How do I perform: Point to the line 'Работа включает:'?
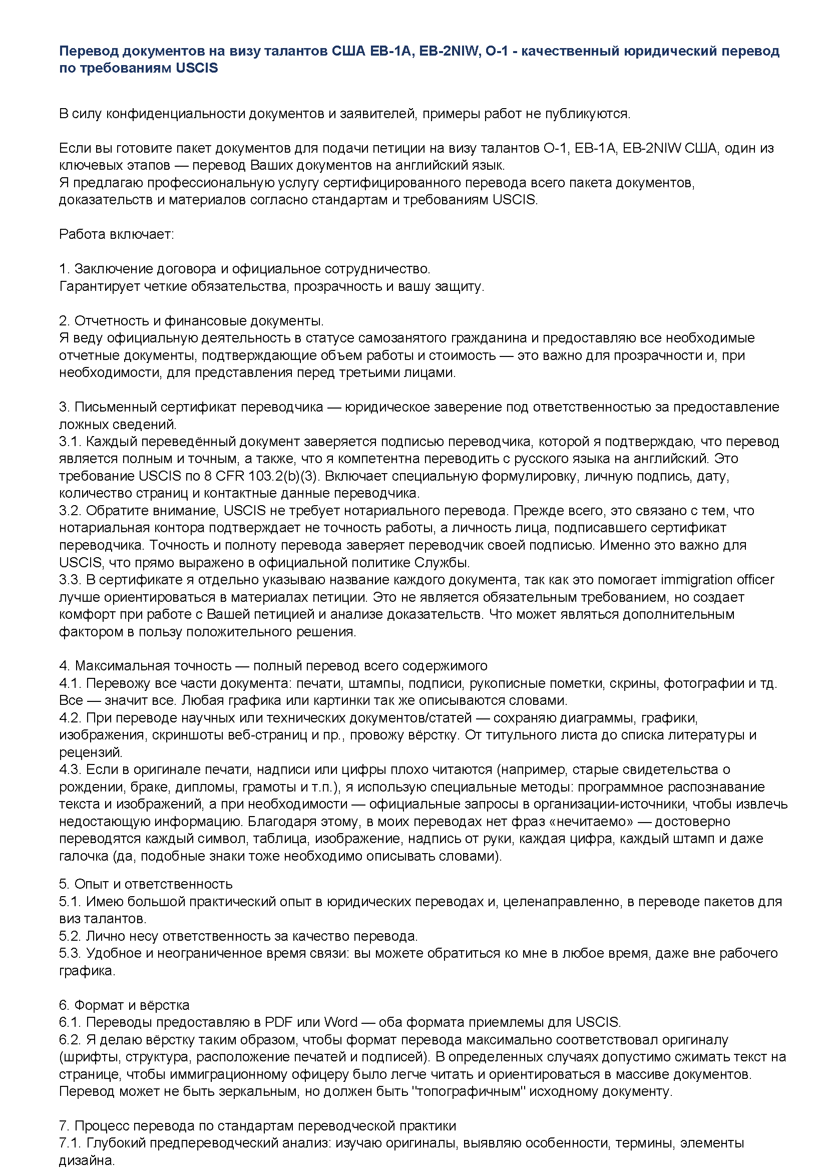click(117, 234)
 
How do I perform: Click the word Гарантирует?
click(98, 286)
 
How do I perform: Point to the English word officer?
click(755, 580)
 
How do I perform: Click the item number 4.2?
click(71, 718)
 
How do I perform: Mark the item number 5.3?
click(71, 953)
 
